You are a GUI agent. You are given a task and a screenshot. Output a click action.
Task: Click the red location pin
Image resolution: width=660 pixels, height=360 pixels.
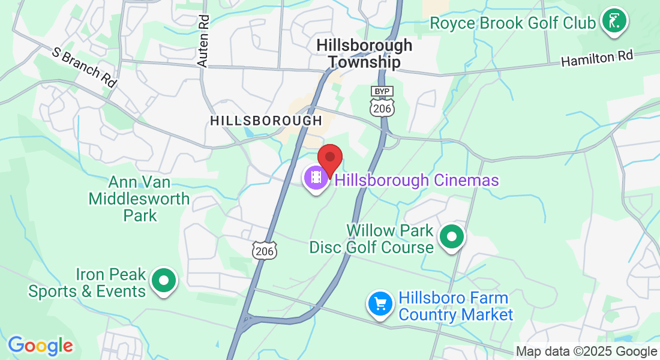pyautogui.click(x=329, y=158)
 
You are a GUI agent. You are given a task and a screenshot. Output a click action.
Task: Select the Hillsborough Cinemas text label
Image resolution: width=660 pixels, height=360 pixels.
pyautogui.click(x=416, y=180)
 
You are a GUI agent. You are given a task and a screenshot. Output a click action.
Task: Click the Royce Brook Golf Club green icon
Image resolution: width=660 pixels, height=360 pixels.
pyautogui.click(x=614, y=21)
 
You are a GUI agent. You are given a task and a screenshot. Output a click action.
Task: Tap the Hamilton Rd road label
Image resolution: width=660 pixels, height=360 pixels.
pyautogui.click(x=597, y=59)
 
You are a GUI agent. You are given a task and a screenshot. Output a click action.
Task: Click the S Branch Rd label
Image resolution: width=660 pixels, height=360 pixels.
pyautogui.click(x=85, y=67)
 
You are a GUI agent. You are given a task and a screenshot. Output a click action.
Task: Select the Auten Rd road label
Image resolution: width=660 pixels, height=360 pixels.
pyautogui.click(x=203, y=41)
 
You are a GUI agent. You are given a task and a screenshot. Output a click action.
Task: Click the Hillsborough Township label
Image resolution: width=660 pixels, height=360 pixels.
pyautogui.click(x=364, y=53)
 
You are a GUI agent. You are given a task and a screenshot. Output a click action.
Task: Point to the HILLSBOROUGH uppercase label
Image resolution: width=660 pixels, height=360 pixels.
pyautogui.click(x=266, y=121)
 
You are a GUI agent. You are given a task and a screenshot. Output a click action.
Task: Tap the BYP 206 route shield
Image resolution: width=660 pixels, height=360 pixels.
pyautogui.click(x=382, y=103)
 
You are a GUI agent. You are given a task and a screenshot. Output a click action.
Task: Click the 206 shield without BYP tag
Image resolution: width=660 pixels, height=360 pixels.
pyautogui.click(x=264, y=250)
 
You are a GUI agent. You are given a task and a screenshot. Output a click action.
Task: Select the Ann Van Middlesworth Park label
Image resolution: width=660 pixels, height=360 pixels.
pyautogui.click(x=139, y=199)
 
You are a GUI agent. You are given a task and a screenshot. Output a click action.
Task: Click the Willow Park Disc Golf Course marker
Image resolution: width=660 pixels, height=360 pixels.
pyautogui.click(x=452, y=236)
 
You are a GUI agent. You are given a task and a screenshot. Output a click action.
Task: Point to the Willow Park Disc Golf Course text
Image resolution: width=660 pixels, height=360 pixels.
pyautogui.click(x=371, y=239)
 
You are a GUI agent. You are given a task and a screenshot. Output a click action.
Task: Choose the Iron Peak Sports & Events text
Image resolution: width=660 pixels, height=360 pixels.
pyautogui.click(x=87, y=283)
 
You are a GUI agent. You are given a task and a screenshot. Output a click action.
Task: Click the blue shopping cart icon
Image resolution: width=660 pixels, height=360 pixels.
pyautogui.click(x=380, y=304)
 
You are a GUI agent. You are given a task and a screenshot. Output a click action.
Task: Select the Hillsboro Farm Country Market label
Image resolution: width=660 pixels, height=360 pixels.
pyautogui.click(x=455, y=306)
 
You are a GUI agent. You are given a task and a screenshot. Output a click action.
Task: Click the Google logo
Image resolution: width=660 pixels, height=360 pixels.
pyautogui.click(x=40, y=346)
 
